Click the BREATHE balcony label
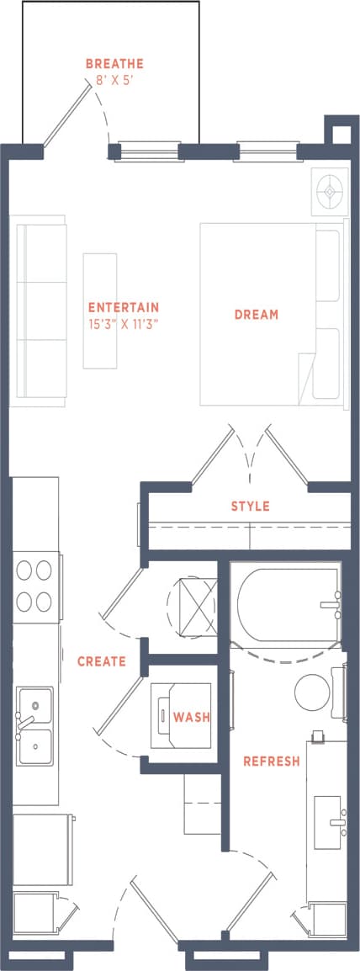tap(114, 63)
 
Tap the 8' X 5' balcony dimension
tap(114, 82)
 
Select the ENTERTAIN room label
tap(124, 307)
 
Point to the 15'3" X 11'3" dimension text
tap(124, 323)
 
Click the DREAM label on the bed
tap(257, 315)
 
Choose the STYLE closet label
tap(250, 506)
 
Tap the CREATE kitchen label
tap(102, 661)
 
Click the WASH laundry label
tap(191, 717)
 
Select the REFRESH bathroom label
tap(271, 761)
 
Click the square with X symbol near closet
tap(193, 602)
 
